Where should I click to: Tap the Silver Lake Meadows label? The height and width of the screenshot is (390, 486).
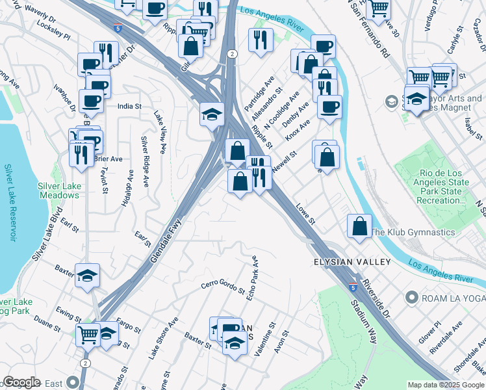point(58,190)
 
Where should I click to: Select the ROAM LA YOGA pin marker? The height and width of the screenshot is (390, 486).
point(411,298)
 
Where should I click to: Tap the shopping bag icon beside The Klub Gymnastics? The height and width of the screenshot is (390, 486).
point(359,227)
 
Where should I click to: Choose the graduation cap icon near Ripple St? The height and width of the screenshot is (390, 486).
point(212,114)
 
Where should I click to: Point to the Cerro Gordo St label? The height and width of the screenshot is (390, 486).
point(222,287)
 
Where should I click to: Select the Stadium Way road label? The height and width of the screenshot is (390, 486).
point(363,318)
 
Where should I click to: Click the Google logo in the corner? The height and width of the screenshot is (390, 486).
point(21,382)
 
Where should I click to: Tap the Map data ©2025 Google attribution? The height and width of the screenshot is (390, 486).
point(446,385)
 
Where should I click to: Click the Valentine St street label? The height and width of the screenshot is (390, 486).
point(264,339)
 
